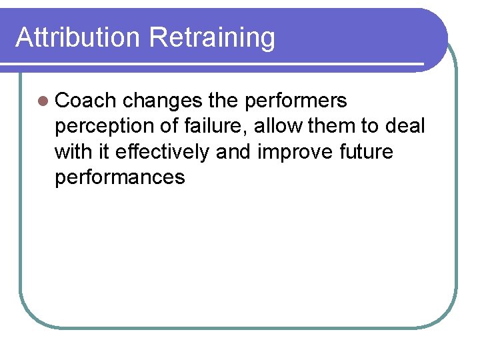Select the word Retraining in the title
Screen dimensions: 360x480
tap(212, 37)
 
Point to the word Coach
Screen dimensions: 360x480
tap(86, 101)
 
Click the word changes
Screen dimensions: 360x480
tap(163, 101)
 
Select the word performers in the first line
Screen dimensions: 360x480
tap(296, 101)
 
